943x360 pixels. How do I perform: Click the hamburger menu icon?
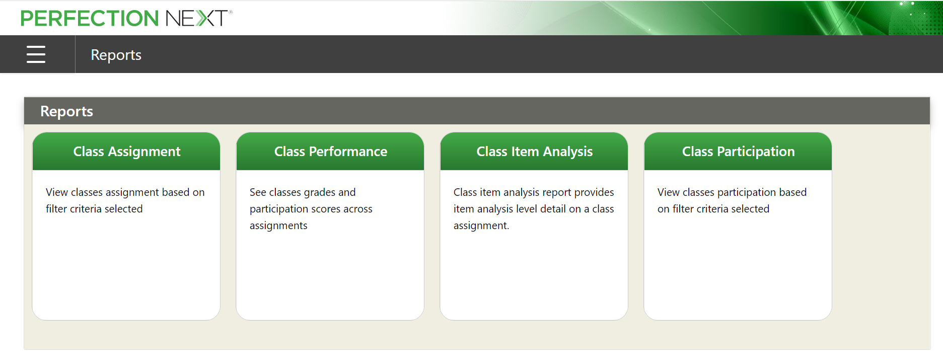pyautogui.click(x=36, y=54)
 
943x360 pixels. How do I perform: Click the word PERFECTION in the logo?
pyautogui.click(x=90, y=19)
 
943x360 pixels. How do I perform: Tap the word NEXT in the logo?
pyautogui.click(x=196, y=19)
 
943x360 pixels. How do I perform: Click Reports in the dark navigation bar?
pyautogui.click(x=116, y=55)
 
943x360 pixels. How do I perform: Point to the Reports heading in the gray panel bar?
pyautogui.click(x=66, y=111)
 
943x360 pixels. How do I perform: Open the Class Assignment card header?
pyautogui.click(x=126, y=151)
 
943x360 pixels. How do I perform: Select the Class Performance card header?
pyautogui.click(x=330, y=151)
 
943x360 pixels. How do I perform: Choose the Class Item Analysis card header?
pyautogui.click(x=534, y=151)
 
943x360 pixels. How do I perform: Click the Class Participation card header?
pyautogui.click(x=738, y=151)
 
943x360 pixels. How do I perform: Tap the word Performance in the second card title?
pyautogui.click(x=348, y=152)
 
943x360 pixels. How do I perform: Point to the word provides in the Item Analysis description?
pyautogui.click(x=594, y=193)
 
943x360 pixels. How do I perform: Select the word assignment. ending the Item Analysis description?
pyautogui.click(x=481, y=226)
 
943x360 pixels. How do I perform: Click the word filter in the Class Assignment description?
pyautogui.click(x=56, y=209)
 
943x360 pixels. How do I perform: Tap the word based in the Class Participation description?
pyautogui.click(x=793, y=192)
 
